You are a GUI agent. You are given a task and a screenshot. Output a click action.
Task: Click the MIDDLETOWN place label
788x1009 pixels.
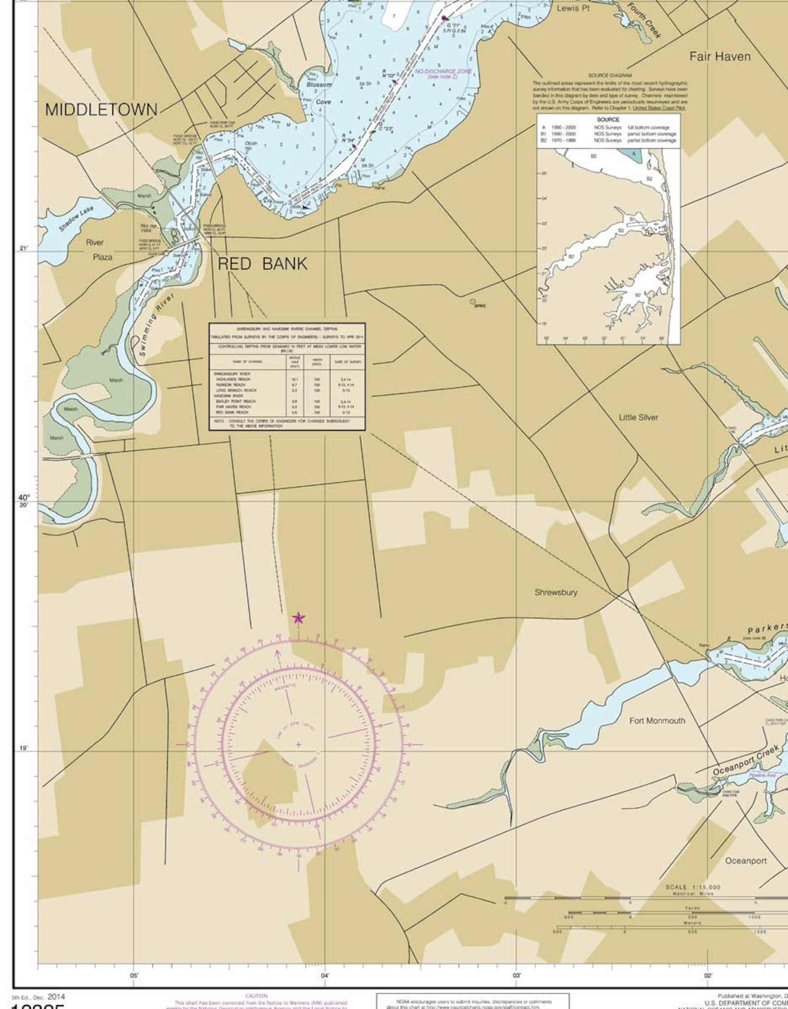[x=101, y=110]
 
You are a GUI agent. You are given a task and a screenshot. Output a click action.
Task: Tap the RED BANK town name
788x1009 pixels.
[x=263, y=264]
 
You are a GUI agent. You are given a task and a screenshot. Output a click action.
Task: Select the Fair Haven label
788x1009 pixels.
[x=720, y=57]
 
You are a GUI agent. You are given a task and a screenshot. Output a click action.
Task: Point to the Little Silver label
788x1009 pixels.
[x=638, y=417]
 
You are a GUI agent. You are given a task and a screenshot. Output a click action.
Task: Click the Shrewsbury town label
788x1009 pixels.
[x=556, y=592]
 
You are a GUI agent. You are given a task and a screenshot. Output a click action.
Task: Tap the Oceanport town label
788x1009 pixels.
[x=746, y=861]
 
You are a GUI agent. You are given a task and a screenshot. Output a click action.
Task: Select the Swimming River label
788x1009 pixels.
[x=156, y=325]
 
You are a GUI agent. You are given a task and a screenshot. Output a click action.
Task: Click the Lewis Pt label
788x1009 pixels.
[x=573, y=8]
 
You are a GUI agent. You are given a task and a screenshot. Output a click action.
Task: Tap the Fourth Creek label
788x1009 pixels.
[x=644, y=20]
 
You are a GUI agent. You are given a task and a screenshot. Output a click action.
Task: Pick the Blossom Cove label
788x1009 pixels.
[x=319, y=93]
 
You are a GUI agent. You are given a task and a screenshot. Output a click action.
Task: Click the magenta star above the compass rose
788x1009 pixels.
[x=298, y=618]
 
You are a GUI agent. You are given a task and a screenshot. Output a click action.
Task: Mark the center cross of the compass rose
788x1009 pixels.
[x=298, y=744]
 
